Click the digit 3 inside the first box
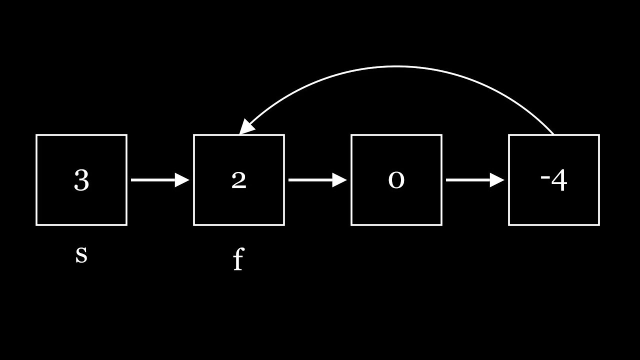point(81,180)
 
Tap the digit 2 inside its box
point(238,180)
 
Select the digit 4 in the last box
point(559,181)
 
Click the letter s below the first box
point(81,254)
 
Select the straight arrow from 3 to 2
point(155,180)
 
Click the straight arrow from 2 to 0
point(312,180)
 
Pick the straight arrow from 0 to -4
point(470,180)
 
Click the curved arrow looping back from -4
point(396,66)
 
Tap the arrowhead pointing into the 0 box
point(340,180)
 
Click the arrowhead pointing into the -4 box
point(497,180)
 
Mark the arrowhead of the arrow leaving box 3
point(182,180)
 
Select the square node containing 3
point(81,150)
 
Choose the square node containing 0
point(396,150)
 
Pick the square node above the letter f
point(238,150)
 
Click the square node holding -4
point(553,150)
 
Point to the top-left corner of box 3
point(36,135)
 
